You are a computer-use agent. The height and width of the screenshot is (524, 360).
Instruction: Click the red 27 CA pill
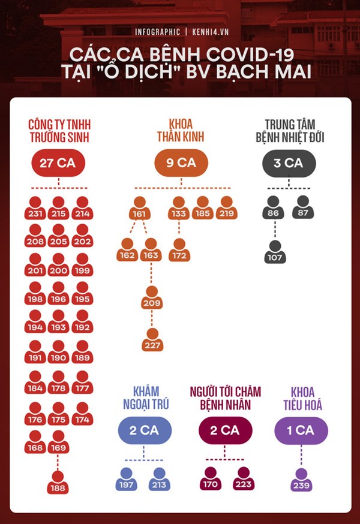(x=58, y=163)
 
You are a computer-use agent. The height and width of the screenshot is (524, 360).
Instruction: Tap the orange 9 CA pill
(x=181, y=163)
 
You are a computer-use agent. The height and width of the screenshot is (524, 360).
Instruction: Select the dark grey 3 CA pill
(x=289, y=163)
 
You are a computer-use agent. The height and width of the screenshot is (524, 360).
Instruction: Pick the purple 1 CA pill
(x=301, y=430)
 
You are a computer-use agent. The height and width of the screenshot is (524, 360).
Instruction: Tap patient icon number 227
(x=152, y=340)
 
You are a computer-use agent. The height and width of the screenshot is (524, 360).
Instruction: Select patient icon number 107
(x=275, y=252)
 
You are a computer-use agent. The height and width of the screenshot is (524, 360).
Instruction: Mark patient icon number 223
(x=244, y=478)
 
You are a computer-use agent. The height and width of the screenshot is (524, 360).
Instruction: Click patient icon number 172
(x=179, y=249)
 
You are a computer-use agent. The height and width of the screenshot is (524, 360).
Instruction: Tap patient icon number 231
(x=35, y=207)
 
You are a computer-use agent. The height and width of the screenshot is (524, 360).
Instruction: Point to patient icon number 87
(x=302, y=207)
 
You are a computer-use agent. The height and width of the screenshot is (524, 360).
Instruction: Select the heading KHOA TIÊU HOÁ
(x=302, y=398)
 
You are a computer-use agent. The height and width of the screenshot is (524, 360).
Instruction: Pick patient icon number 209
(x=152, y=297)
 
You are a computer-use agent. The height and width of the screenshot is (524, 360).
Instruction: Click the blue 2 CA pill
(x=145, y=430)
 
